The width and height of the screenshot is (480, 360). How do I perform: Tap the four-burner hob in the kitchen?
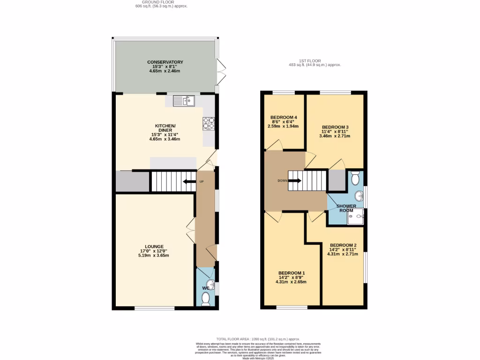(x=209, y=123)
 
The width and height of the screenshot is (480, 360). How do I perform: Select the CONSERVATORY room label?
(x=165, y=62)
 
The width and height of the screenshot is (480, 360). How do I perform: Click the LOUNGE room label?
(x=154, y=247)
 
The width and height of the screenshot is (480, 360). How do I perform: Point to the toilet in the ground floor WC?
(x=205, y=299)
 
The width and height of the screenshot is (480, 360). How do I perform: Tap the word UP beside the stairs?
(x=202, y=181)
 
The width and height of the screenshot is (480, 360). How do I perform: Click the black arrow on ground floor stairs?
(x=189, y=182)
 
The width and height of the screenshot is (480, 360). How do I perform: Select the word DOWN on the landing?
(x=283, y=180)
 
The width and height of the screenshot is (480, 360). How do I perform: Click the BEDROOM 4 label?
(x=284, y=117)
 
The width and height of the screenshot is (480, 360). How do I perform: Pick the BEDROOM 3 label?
(x=335, y=127)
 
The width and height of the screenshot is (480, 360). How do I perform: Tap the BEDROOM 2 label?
(x=343, y=245)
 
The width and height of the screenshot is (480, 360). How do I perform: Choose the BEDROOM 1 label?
(x=292, y=273)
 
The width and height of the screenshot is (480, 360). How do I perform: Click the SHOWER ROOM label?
(x=345, y=208)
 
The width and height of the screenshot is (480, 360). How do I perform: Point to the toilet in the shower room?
(x=355, y=178)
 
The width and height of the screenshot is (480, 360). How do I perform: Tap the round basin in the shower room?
(x=359, y=195)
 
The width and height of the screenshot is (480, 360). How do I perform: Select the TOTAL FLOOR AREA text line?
(x=257, y=339)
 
